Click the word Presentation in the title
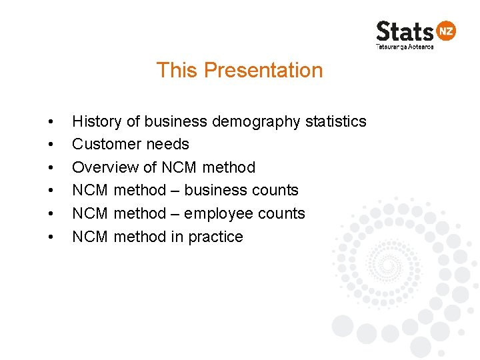point(263,70)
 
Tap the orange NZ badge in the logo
point(445,31)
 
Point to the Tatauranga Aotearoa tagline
point(405,47)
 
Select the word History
point(97,121)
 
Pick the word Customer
point(103,144)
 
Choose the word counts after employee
point(281,213)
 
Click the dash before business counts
point(175,191)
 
